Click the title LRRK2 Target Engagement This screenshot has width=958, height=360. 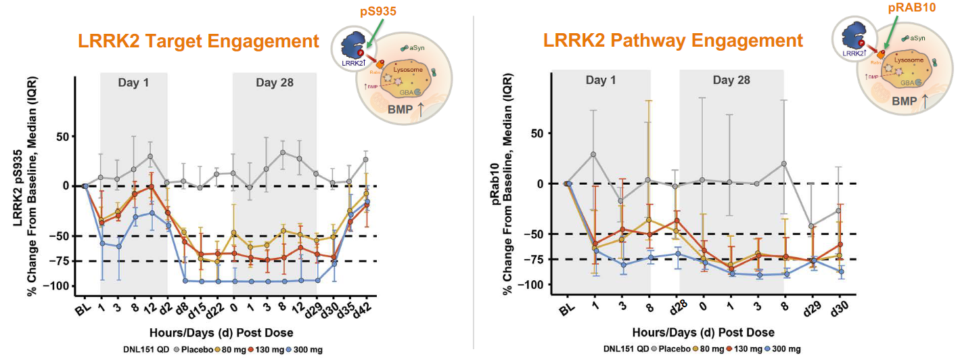pos(198,41)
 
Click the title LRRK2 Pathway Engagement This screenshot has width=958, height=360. pos(672,41)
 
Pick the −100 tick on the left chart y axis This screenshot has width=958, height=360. pos(58,286)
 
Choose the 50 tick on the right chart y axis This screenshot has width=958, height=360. pos(538,133)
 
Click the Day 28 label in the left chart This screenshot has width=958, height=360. pos(275,83)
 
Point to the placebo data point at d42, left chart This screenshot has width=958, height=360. pos(365,160)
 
